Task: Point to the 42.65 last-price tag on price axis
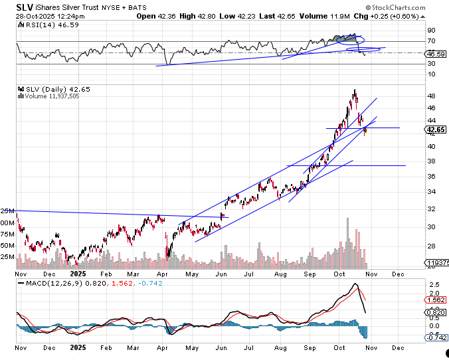(436, 130)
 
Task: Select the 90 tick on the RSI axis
(430, 31)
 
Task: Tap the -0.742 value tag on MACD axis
(436, 337)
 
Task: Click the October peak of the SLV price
(355, 90)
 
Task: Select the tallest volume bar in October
(347, 219)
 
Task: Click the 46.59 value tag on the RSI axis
(436, 54)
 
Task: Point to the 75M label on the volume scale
(8, 233)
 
